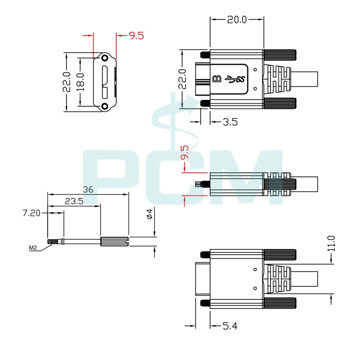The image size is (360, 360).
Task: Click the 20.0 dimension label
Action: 237,19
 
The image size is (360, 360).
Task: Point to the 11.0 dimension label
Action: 332,243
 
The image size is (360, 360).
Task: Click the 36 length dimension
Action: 88,190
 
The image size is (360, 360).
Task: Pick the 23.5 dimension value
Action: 74,202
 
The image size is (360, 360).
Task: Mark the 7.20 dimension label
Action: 32,213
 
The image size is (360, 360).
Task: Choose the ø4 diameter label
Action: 150,214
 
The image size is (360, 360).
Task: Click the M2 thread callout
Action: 33,247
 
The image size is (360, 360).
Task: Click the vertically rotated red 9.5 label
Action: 184,153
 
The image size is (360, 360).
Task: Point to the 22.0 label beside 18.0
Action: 66,82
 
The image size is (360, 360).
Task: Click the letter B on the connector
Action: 216,79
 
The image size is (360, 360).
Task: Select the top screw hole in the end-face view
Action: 105,58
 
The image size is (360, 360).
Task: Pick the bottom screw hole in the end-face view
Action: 105,106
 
